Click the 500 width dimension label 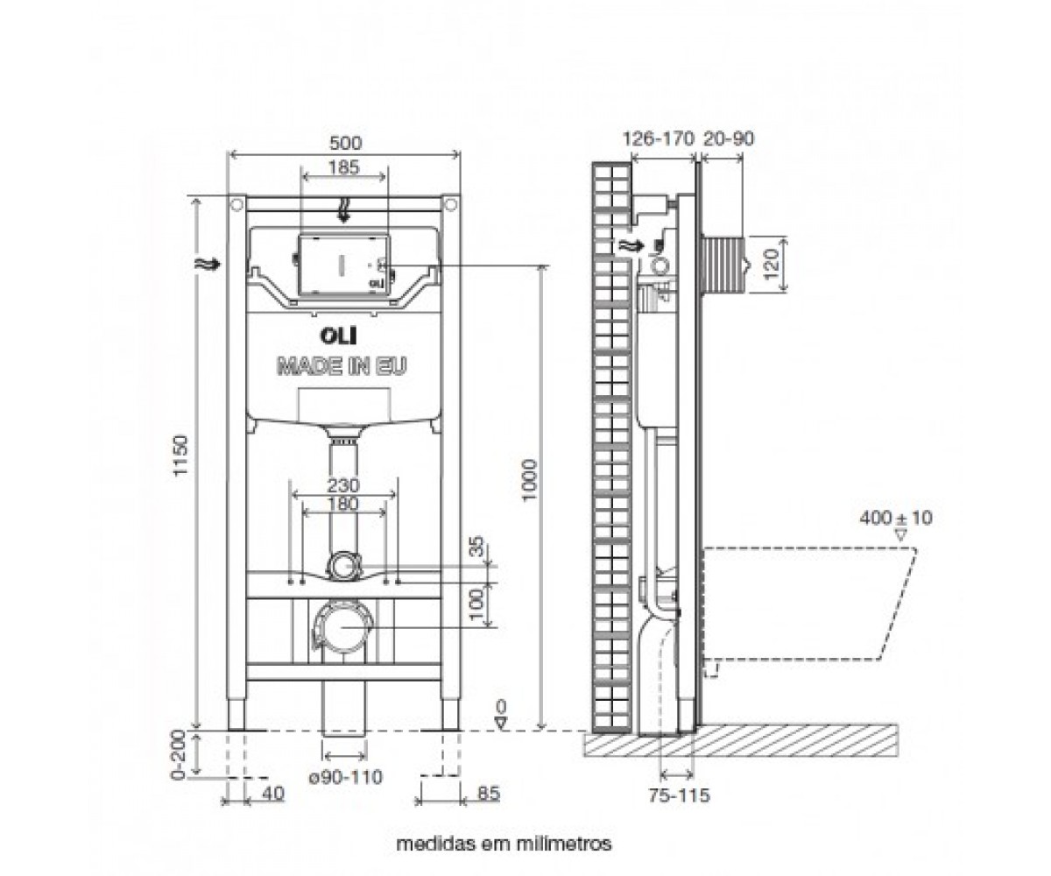pos(345,143)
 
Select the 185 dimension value pos(344,166)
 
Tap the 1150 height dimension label pos(180,456)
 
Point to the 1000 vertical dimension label pos(530,480)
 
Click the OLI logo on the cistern pos(338,336)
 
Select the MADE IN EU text pos(342,366)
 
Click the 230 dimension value pos(344,485)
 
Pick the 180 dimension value pos(344,504)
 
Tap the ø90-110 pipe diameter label pos(346,777)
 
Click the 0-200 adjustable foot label pos(178,755)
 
